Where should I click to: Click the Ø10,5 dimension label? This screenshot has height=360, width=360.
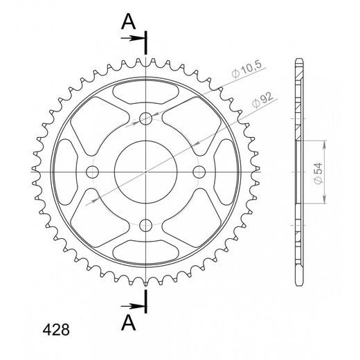246,69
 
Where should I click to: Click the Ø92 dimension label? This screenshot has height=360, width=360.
262,100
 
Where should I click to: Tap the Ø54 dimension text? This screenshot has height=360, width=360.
318,173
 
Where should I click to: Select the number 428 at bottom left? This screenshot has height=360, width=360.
56,330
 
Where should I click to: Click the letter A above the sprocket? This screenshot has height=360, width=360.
128,21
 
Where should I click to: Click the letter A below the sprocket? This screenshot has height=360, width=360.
128,323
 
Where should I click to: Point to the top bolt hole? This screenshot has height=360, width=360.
146,118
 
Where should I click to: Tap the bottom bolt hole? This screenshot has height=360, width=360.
146,225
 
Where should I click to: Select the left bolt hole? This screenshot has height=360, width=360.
92,172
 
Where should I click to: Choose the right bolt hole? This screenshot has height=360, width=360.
199,172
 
